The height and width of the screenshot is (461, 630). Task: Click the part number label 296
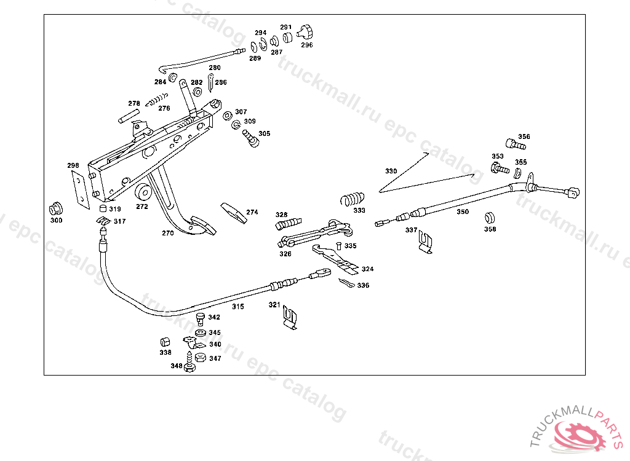(306, 45)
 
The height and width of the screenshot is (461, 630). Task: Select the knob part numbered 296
(305, 30)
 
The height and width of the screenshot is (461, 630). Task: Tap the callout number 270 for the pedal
(168, 233)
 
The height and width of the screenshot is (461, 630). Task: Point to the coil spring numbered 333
(353, 199)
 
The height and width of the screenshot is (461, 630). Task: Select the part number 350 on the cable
(462, 212)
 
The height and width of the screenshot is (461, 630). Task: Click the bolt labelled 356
(515, 146)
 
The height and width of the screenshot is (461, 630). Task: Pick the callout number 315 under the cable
(237, 305)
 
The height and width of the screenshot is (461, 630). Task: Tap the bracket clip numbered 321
(290, 318)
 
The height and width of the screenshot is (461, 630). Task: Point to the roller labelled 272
(144, 192)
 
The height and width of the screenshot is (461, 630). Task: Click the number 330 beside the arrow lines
(391, 171)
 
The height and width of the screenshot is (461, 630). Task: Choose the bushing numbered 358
(490, 218)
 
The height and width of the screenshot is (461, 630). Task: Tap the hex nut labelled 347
(200, 357)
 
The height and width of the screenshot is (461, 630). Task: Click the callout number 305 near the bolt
(264, 133)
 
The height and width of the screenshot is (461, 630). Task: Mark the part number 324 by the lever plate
(367, 269)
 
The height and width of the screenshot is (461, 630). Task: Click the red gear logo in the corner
(580, 435)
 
